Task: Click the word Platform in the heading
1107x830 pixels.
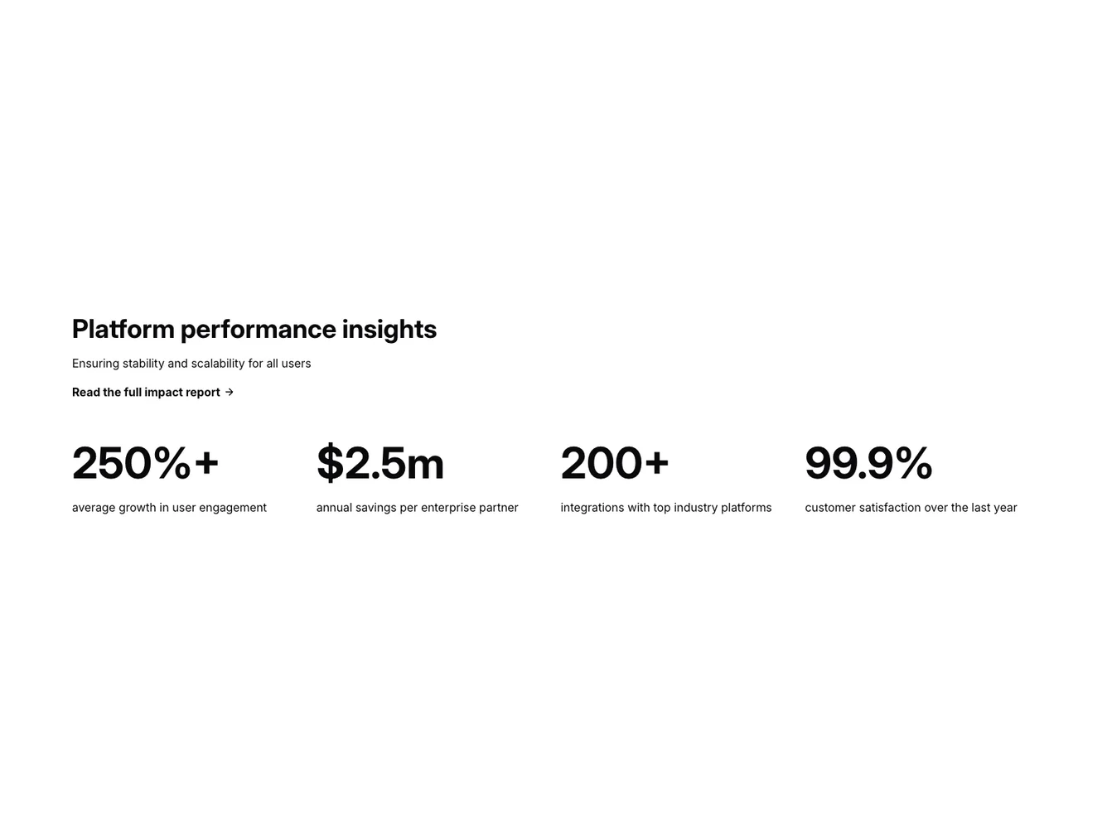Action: coord(123,329)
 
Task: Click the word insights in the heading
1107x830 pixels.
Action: coord(389,329)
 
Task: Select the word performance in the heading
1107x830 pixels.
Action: coord(258,330)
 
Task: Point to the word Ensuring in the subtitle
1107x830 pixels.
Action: coord(95,364)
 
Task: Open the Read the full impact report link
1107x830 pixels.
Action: coord(146,393)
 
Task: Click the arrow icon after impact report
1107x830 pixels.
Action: coord(230,393)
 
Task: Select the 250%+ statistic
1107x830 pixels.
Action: coord(145,462)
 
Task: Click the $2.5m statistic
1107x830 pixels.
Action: coord(379,462)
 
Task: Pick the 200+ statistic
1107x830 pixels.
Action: coord(614,462)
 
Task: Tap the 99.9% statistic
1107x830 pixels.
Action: coord(868,462)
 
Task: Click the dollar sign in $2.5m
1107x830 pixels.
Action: coord(330,462)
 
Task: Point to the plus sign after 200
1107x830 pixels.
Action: coord(656,462)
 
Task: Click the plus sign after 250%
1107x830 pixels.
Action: coord(206,462)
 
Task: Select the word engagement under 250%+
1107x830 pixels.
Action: coord(233,508)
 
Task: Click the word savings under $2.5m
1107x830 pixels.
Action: coord(375,508)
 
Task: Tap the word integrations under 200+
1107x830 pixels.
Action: coord(592,508)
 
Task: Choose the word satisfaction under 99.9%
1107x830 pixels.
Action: coord(889,508)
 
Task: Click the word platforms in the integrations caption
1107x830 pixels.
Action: coord(746,508)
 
